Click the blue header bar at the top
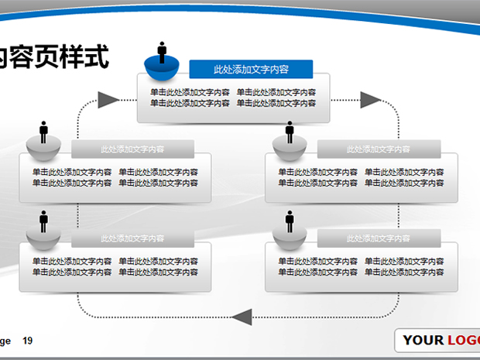click(252, 69)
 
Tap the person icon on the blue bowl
click(163, 53)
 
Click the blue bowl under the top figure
click(163, 71)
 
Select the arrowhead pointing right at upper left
click(108, 99)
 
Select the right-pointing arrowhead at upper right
click(370, 99)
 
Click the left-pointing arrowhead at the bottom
click(242, 316)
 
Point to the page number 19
click(28, 341)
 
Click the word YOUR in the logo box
click(423, 341)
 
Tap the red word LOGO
click(462, 341)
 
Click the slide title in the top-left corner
click(54, 57)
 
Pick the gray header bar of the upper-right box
click(379, 149)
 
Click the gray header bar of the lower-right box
click(379, 238)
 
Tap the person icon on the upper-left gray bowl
click(43, 130)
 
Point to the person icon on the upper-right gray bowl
click(290, 132)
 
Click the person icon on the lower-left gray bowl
click(43, 221)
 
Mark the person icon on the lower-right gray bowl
click(290, 221)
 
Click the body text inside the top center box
click(233, 98)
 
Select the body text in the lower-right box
click(362, 266)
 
